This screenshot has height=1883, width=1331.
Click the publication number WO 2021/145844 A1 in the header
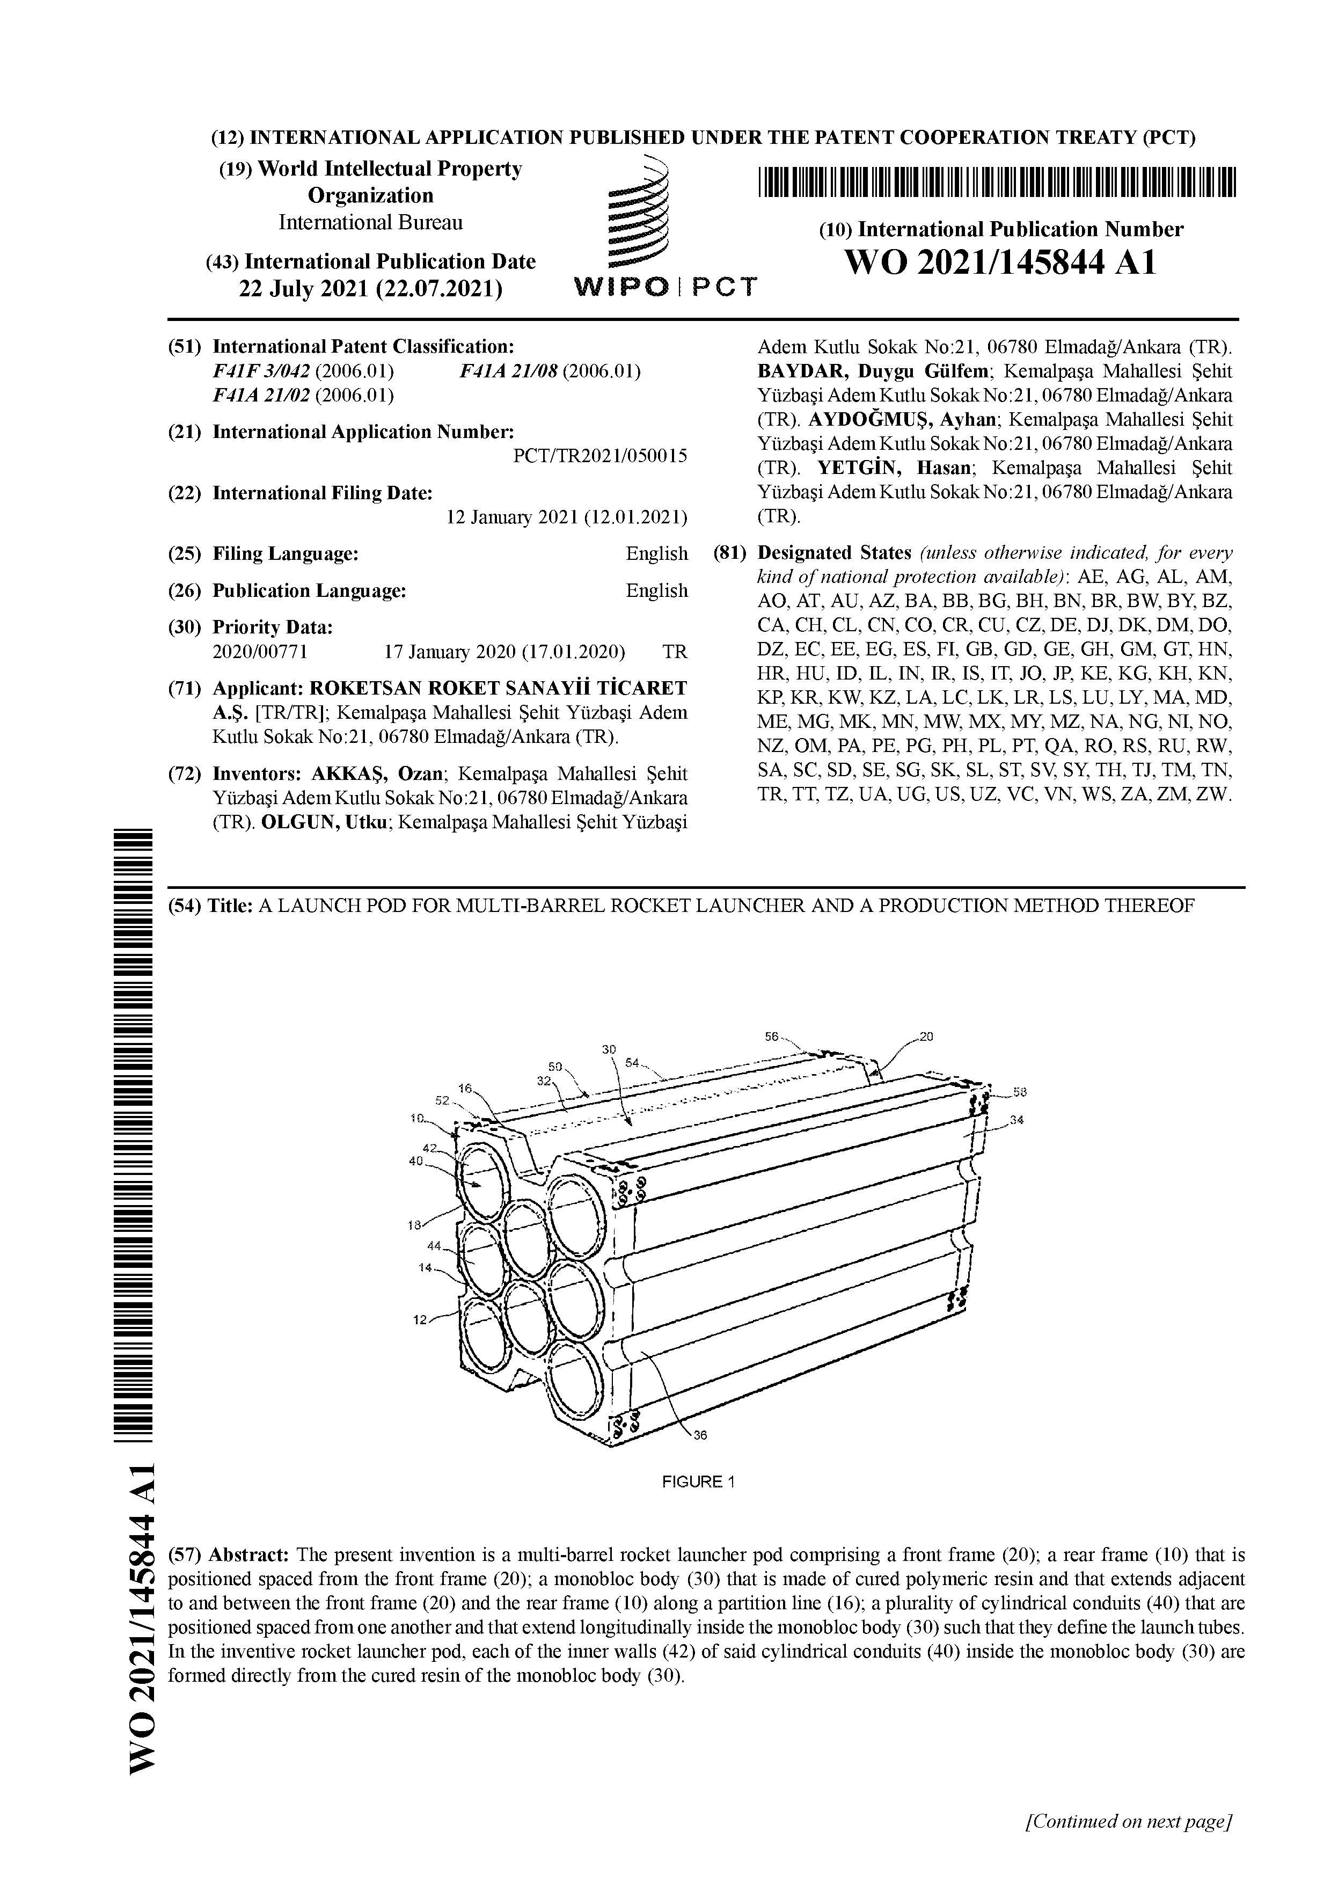[1000, 263]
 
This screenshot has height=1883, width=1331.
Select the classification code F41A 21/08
[508, 371]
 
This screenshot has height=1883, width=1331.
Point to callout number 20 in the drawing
[927, 1037]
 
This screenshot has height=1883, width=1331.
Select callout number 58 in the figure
[1019, 1092]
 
